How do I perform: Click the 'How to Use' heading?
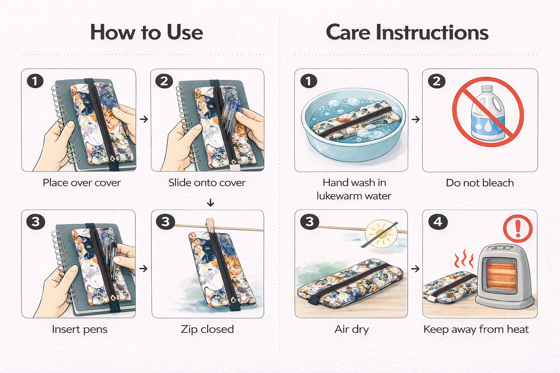click(147, 32)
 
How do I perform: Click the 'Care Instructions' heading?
click(407, 32)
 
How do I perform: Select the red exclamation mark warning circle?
click(518, 229)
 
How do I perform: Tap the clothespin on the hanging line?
click(210, 226)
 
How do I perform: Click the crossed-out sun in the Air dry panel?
click(381, 234)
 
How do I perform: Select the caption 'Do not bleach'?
click(480, 183)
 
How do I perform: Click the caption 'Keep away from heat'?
click(476, 330)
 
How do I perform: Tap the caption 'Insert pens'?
click(79, 330)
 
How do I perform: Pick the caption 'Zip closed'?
click(207, 329)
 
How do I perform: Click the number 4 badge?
click(438, 222)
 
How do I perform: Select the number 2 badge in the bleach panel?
click(436, 81)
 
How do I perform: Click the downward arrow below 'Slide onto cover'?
click(210, 203)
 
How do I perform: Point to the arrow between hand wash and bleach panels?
click(416, 119)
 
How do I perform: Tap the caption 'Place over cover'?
click(82, 182)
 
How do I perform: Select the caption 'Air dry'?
click(351, 330)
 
